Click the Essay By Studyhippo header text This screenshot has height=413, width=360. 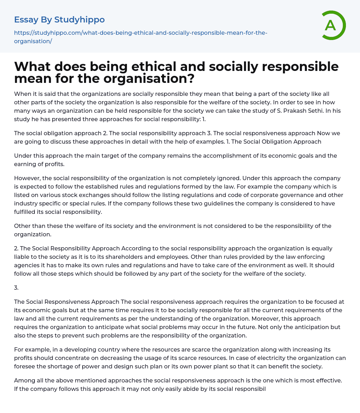tap(59, 20)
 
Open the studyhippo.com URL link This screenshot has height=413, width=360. tap(141, 37)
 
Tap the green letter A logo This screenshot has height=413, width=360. tap(331, 25)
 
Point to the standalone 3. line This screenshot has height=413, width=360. tap(16, 288)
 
